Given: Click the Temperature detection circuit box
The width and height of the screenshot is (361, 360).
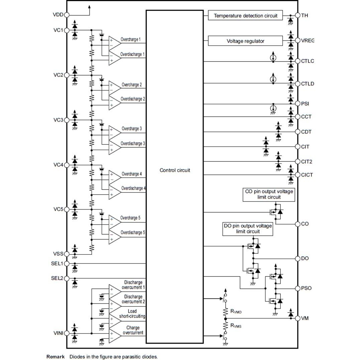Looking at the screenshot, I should click(245, 15).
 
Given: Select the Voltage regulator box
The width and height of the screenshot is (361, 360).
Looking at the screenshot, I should click(245, 41).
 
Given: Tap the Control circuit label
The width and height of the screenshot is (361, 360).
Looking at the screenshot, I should click(174, 170).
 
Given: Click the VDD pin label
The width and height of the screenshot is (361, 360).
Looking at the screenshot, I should click(58, 15).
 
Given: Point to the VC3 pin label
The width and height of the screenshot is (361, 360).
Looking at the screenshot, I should click(58, 120).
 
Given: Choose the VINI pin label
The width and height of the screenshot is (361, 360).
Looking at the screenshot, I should click(58, 333).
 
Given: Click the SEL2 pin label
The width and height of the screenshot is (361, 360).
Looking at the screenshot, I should click(57, 278).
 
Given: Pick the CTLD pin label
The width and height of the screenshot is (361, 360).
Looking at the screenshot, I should click(308, 84).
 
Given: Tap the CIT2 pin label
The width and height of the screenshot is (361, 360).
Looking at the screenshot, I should click(307, 161).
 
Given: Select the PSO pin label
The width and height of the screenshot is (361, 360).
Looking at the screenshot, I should click(306, 288).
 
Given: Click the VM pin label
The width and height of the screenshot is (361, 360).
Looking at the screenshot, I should click(305, 318).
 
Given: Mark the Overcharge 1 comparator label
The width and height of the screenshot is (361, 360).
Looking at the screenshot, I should click(130, 39).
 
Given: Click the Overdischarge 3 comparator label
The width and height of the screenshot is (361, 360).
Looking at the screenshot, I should click(133, 143).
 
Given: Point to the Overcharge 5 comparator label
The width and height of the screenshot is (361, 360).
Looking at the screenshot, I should click(130, 218).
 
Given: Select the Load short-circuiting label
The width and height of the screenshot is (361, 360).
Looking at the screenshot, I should click(132, 314).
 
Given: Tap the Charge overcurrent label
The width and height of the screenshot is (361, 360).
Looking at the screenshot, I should click(133, 330).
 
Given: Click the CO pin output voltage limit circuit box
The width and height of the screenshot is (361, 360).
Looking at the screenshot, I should click(269, 195).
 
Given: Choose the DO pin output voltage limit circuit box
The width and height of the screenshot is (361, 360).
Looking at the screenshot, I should click(247, 229).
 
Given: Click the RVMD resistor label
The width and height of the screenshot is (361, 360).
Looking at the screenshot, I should click(236, 312).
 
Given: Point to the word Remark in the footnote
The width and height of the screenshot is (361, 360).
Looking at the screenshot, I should click(55, 357).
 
